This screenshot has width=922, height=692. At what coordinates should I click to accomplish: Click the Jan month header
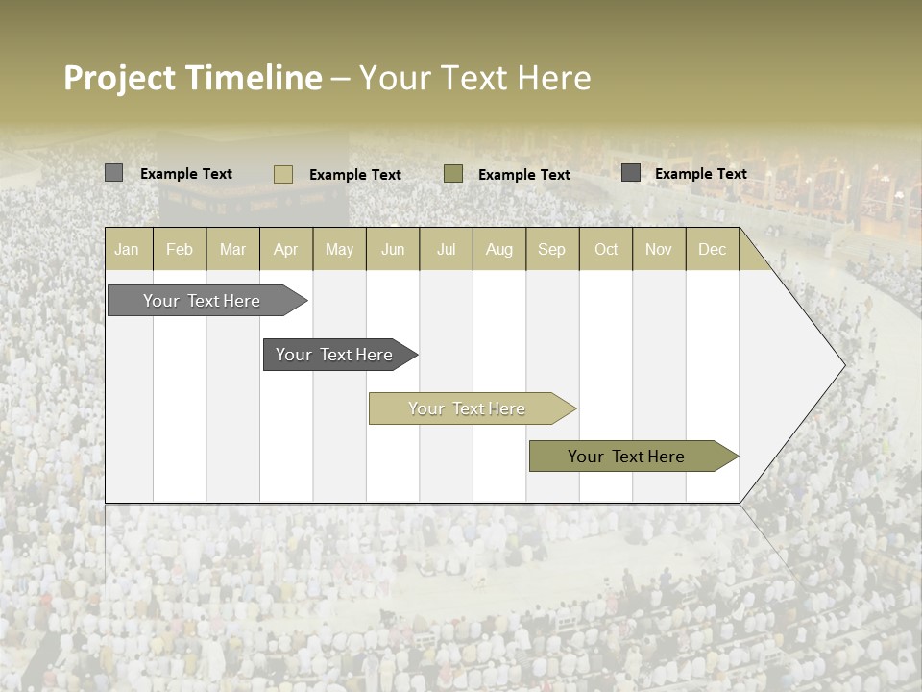(127, 249)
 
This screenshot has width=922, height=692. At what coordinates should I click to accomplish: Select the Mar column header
(232, 249)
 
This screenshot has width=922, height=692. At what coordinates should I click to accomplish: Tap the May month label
(339, 249)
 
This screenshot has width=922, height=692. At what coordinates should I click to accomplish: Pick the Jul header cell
(446, 249)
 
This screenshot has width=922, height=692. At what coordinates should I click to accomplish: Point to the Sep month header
(551, 249)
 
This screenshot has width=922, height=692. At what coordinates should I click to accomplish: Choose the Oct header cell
(606, 249)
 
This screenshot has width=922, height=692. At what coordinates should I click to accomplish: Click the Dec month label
(712, 249)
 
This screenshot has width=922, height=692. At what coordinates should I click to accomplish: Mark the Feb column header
(180, 249)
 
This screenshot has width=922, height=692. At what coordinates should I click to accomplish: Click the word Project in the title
(120, 78)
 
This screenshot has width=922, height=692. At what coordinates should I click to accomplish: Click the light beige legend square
(283, 174)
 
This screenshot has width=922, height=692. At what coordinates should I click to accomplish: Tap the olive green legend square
(453, 173)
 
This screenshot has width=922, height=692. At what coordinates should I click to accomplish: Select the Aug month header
(498, 249)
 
